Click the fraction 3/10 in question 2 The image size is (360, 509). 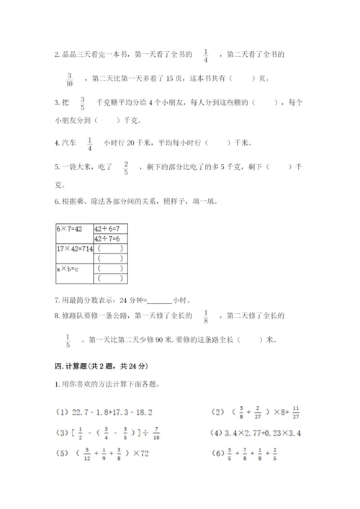pos(71,78)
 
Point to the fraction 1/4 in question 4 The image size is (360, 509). pos(90,143)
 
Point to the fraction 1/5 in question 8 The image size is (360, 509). pos(70,340)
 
